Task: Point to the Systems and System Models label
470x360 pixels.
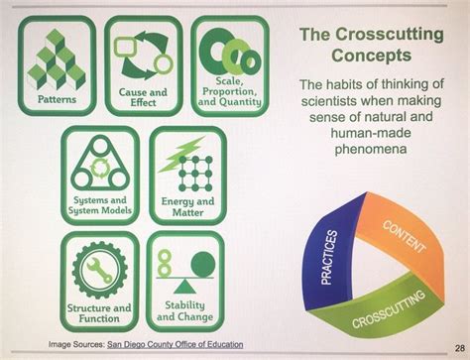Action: [99, 206]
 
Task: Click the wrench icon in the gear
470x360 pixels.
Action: [99, 270]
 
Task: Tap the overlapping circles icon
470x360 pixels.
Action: [227, 49]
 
